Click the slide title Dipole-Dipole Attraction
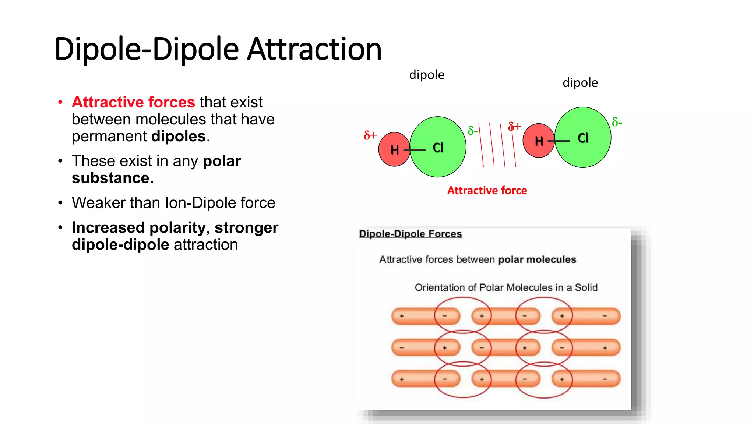[218, 49]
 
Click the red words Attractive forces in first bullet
[133, 102]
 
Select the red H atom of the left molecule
[392, 149]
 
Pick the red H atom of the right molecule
[537, 141]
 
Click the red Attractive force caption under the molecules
[487, 191]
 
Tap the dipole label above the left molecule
[427, 75]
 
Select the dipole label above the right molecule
[580, 83]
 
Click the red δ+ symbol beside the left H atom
[370, 135]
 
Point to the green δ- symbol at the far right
[617, 122]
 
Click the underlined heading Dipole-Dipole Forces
[410, 234]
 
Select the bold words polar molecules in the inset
[537, 259]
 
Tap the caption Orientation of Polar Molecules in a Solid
[506, 287]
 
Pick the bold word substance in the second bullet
[112, 178]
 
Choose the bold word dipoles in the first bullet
[179, 137]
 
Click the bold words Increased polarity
[138, 227]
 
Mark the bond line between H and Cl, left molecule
[415, 150]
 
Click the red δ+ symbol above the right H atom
[514, 127]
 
